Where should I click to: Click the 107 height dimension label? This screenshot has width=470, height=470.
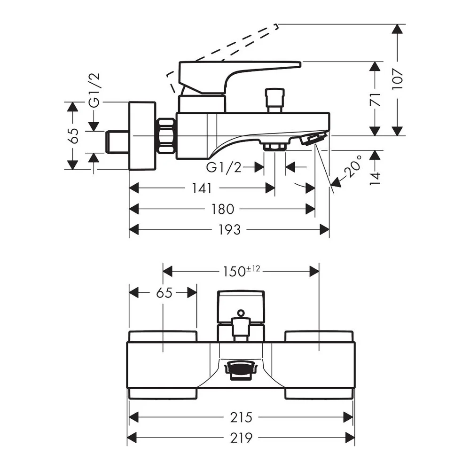coord(398,78)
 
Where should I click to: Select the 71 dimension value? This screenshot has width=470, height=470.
coord(375,100)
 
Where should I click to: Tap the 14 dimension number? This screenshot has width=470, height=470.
coord(375,178)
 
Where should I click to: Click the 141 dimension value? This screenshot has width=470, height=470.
coord(202,188)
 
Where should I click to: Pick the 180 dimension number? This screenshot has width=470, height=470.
coord(222,209)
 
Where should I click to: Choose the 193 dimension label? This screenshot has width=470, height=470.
coord(229,230)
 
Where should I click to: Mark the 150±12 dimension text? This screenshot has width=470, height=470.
coord(241,271)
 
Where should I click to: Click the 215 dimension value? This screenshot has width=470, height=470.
coord(241,417)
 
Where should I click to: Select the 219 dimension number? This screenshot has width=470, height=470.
coord(241,438)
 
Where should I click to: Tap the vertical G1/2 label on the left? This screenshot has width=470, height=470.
coord(94,90)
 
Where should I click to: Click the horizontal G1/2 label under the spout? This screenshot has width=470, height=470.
coord(224,167)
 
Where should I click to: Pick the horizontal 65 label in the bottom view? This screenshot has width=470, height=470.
coord(164,292)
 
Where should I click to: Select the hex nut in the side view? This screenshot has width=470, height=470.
coord(167,136)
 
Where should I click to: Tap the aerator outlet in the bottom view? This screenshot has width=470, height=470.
coord(241,370)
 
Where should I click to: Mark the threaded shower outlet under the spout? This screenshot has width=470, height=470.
coord(274,147)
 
